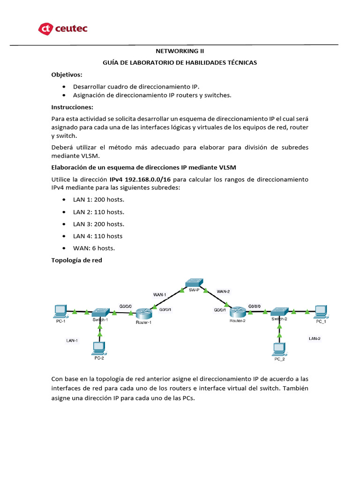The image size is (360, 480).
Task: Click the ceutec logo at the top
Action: pyautogui.click(x=63, y=29)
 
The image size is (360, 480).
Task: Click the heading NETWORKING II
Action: pyautogui.click(x=180, y=51)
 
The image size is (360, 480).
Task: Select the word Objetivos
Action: pyautogui.click(x=67, y=75)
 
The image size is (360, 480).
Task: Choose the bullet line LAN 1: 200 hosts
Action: pyautogui.click(x=98, y=200)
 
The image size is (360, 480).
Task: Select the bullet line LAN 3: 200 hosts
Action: pyautogui.click(x=98, y=224)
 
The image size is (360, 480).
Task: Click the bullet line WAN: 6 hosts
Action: pyautogui.click(x=94, y=248)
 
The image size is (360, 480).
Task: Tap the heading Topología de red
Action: pyautogui.click(x=76, y=261)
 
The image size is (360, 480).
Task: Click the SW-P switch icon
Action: pyautogui.click(x=193, y=283)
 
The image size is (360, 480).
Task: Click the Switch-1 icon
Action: pyautogui.click(x=100, y=312)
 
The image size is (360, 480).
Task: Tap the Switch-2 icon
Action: pyautogui.click(x=280, y=311)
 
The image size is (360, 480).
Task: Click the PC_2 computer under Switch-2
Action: pyautogui.click(x=279, y=349)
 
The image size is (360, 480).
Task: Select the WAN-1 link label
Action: pyautogui.click(x=160, y=295)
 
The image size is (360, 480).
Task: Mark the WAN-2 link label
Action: pyautogui.click(x=223, y=292)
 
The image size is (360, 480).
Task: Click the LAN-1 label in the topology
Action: pyautogui.click(x=72, y=341)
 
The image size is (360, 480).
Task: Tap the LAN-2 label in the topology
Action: pyautogui.click(x=315, y=338)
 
